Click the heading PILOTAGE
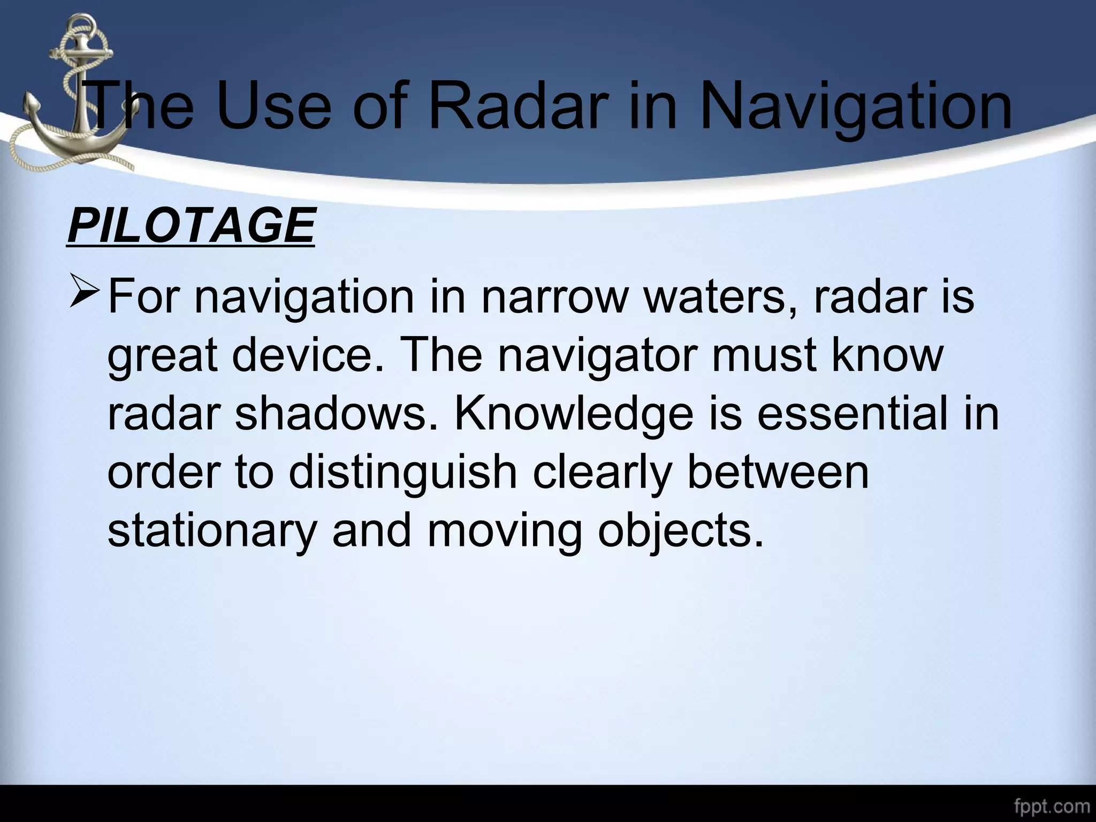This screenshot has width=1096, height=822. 191,225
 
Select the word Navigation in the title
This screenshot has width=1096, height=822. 856,107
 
